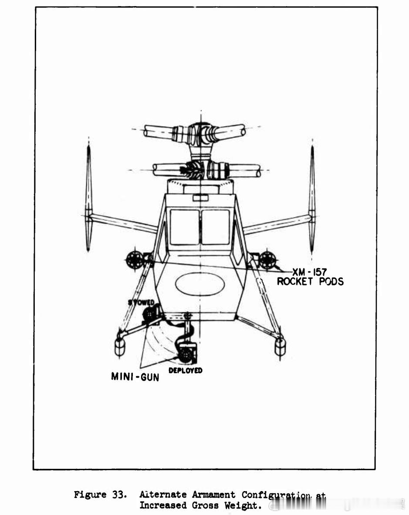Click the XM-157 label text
309,272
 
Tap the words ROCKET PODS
310,281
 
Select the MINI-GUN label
135,377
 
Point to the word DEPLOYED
185,371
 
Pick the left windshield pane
185,227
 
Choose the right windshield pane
216,227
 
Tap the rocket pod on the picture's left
135,260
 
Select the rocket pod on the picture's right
267,260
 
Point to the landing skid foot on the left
120,346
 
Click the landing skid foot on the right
280,346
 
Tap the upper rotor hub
200,134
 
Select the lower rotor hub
200,170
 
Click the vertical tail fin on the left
88,198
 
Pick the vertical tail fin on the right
312,198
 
